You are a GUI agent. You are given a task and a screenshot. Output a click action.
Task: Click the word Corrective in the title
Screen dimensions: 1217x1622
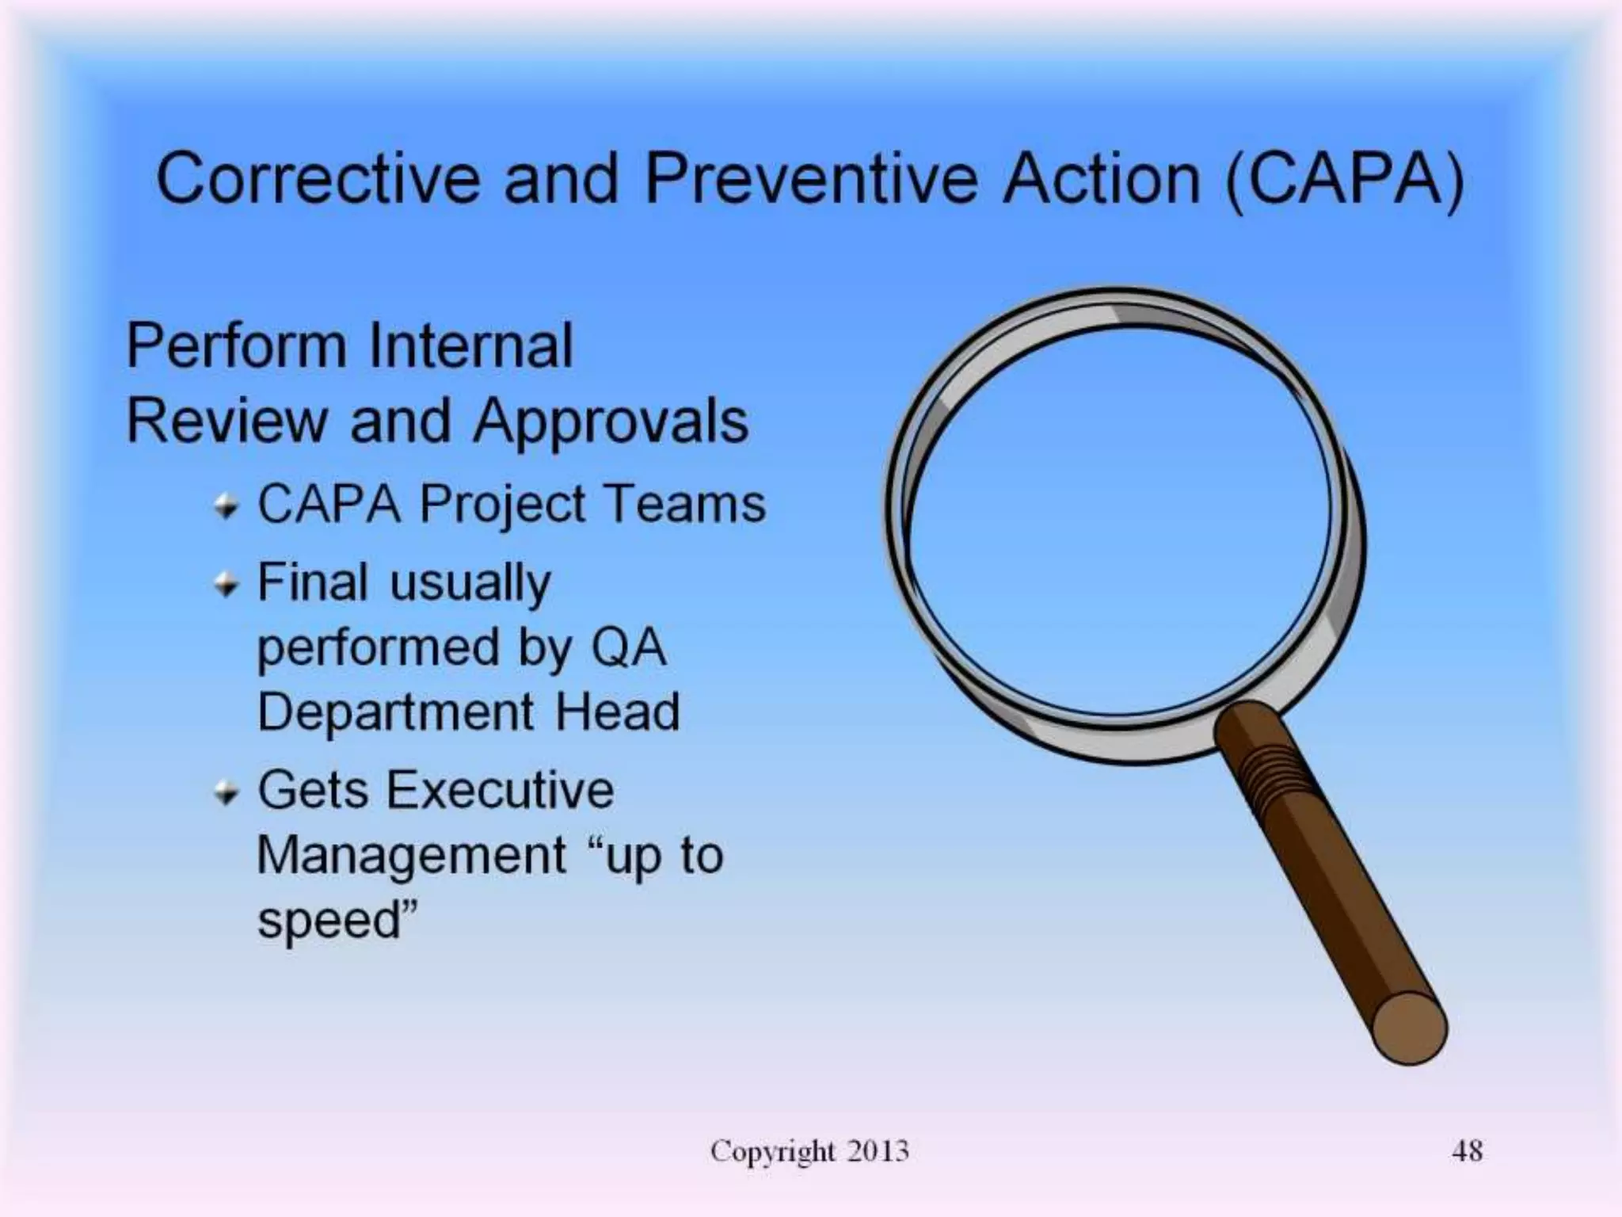(x=318, y=178)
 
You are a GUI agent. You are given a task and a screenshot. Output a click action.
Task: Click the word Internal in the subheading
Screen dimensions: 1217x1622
(x=470, y=346)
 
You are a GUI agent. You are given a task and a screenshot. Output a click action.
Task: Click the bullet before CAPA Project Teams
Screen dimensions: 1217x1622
(x=227, y=505)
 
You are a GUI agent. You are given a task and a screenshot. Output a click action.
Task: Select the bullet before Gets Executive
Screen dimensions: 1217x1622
(x=227, y=792)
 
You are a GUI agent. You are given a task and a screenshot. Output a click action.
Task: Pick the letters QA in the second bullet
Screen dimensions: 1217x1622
(x=629, y=648)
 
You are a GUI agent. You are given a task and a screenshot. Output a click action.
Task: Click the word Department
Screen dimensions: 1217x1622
(x=396, y=712)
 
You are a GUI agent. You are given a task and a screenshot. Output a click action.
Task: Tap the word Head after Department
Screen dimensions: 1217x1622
(x=617, y=712)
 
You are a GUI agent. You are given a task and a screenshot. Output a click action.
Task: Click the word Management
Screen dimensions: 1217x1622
(x=412, y=856)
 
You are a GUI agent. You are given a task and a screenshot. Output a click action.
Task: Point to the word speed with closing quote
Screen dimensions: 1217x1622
(x=337, y=921)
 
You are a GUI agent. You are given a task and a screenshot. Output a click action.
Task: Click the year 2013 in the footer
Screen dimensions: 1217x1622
(x=878, y=1151)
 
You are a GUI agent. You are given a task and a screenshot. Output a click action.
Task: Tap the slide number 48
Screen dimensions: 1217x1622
(x=1467, y=1151)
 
